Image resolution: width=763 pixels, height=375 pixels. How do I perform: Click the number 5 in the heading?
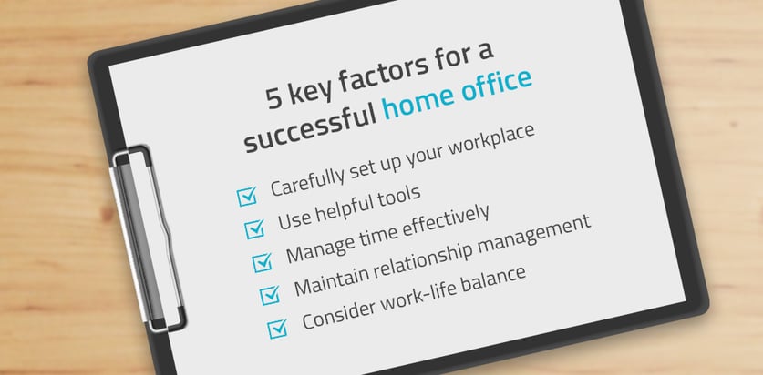pos(274,97)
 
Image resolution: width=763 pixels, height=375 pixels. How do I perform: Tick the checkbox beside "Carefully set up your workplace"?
pos(247,197)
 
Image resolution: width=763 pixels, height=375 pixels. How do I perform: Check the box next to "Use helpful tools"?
pos(254,228)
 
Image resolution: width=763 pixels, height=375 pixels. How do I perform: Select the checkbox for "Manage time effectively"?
pos(263,261)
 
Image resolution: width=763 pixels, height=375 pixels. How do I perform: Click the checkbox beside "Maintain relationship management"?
pos(270,294)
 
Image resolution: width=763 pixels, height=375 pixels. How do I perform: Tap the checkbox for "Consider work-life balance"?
pos(277,328)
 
